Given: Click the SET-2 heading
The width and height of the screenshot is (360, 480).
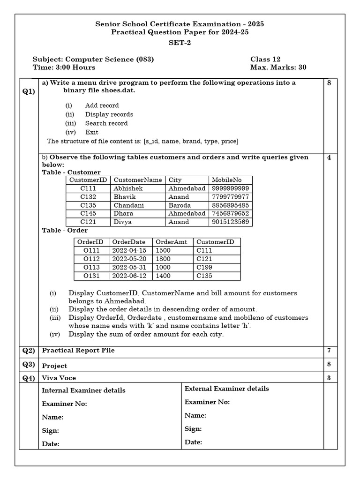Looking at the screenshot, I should [x=180, y=43].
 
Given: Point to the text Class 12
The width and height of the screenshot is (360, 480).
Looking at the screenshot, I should [x=265, y=59].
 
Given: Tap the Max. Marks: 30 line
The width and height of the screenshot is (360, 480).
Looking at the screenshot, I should [x=278, y=67].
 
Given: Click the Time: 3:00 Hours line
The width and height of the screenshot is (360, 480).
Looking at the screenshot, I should [x=64, y=67].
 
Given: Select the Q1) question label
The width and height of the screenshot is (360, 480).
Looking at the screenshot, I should [x=29, y=91].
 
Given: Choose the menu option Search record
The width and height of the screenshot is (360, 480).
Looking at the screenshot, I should [x=106, y=123].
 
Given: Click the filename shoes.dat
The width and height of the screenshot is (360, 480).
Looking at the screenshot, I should [x=116, y=90].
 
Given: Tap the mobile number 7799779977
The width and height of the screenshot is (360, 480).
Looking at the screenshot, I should [x=230, y=197].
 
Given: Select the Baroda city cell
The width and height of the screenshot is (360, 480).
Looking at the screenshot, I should [x=180, y=205].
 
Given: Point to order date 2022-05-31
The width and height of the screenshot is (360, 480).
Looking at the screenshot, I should [x=129, y=268].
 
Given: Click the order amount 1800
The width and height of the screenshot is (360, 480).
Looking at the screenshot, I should [x=164, y=259].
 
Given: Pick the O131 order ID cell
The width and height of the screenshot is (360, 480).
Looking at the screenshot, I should [x=91, y=276].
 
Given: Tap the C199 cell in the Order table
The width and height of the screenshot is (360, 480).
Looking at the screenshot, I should [x=204, y=268].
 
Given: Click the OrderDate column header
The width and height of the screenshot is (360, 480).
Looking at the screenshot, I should [x=129, y=242].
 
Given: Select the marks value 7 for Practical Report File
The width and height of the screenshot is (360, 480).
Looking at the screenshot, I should [x=329, y=350].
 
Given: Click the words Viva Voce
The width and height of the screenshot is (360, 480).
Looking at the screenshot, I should [x=59, y=378].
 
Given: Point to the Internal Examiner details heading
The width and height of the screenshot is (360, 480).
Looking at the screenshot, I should [x=83, y=390].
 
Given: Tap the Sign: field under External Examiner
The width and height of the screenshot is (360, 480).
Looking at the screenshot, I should [x=193, y=429].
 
